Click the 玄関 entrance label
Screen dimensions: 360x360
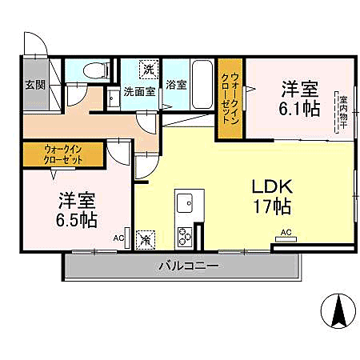tap(34, 84)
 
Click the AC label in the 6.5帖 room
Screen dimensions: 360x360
tap(118, 238)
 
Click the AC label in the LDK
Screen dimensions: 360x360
tap(286, 234)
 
